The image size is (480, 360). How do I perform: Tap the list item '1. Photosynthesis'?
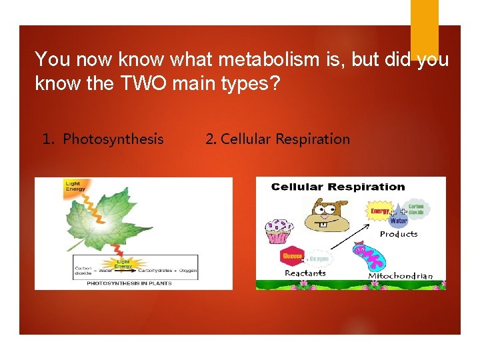103,139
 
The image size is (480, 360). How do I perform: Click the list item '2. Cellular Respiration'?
277,139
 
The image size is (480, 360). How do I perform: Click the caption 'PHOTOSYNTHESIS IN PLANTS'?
129,283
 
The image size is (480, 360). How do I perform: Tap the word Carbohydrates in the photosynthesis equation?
154,271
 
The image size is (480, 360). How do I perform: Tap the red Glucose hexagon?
293,256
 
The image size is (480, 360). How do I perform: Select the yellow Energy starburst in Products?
380,211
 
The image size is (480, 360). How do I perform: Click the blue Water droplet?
399,220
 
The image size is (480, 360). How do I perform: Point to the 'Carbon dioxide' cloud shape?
416,209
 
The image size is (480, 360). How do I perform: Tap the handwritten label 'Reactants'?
305,273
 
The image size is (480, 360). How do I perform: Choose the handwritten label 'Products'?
399,234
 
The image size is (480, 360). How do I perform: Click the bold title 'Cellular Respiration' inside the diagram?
338,187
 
